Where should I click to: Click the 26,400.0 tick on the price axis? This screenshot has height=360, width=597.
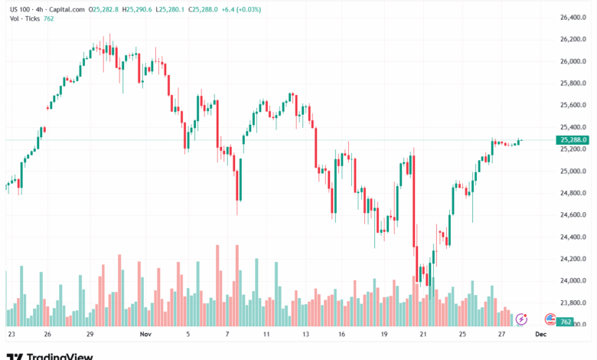(x=573, y=17)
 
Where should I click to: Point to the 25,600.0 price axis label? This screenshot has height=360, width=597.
(x=573, y=105)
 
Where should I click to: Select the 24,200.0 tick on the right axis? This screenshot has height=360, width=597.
(x=573, y=259)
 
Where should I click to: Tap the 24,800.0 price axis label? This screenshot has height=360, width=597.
(x=573, y=193)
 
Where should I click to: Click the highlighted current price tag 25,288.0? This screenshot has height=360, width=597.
(x=573, y=140)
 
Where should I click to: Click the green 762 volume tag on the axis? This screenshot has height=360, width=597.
(x=566, y=322)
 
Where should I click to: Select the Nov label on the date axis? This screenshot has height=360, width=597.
(x=146, y=335)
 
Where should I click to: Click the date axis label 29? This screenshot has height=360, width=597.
(x=90, y=335)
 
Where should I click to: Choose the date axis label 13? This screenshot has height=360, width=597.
(x=306, y=335)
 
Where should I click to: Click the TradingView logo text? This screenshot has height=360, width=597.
(x=60, y=355)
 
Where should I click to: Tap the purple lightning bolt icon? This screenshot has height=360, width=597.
(x=522, y=318)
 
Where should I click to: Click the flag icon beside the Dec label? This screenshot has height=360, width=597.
(x=549, y=318)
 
